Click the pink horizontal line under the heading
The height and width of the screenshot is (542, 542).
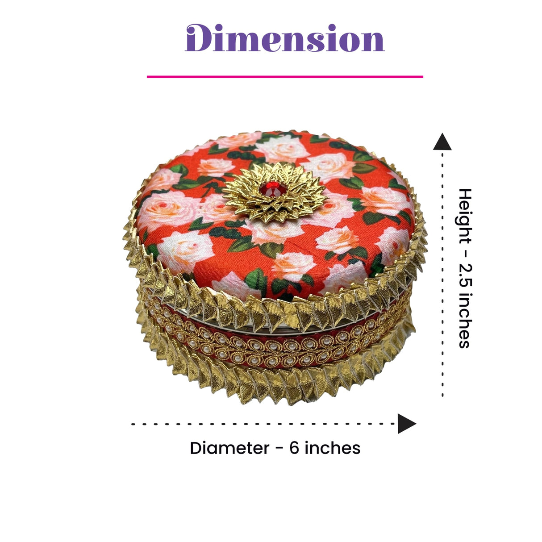pyautogui.click(x=285, y=76)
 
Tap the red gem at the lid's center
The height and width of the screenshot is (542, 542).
pyautogui.click(x=272, y=189)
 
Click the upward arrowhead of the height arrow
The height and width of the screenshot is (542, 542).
pyautogui.click(x=442, y=142)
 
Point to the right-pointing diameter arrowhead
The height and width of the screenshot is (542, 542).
pyautogui.click(x=407, y=424)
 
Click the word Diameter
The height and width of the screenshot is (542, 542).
pyautogui.click(x=229, y=448)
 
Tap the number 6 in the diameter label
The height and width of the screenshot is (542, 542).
pyautogui.click(x=294, y=448)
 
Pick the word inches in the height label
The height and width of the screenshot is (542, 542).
pyautogui.click(x=464, y=321)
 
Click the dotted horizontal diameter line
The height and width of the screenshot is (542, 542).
pyautogui.click(x=264, y=424)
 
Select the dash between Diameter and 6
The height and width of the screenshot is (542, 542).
pyautogui.click(x=279, y=449)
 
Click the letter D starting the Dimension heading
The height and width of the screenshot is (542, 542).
pyautogui.click(x=199, y=38)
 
